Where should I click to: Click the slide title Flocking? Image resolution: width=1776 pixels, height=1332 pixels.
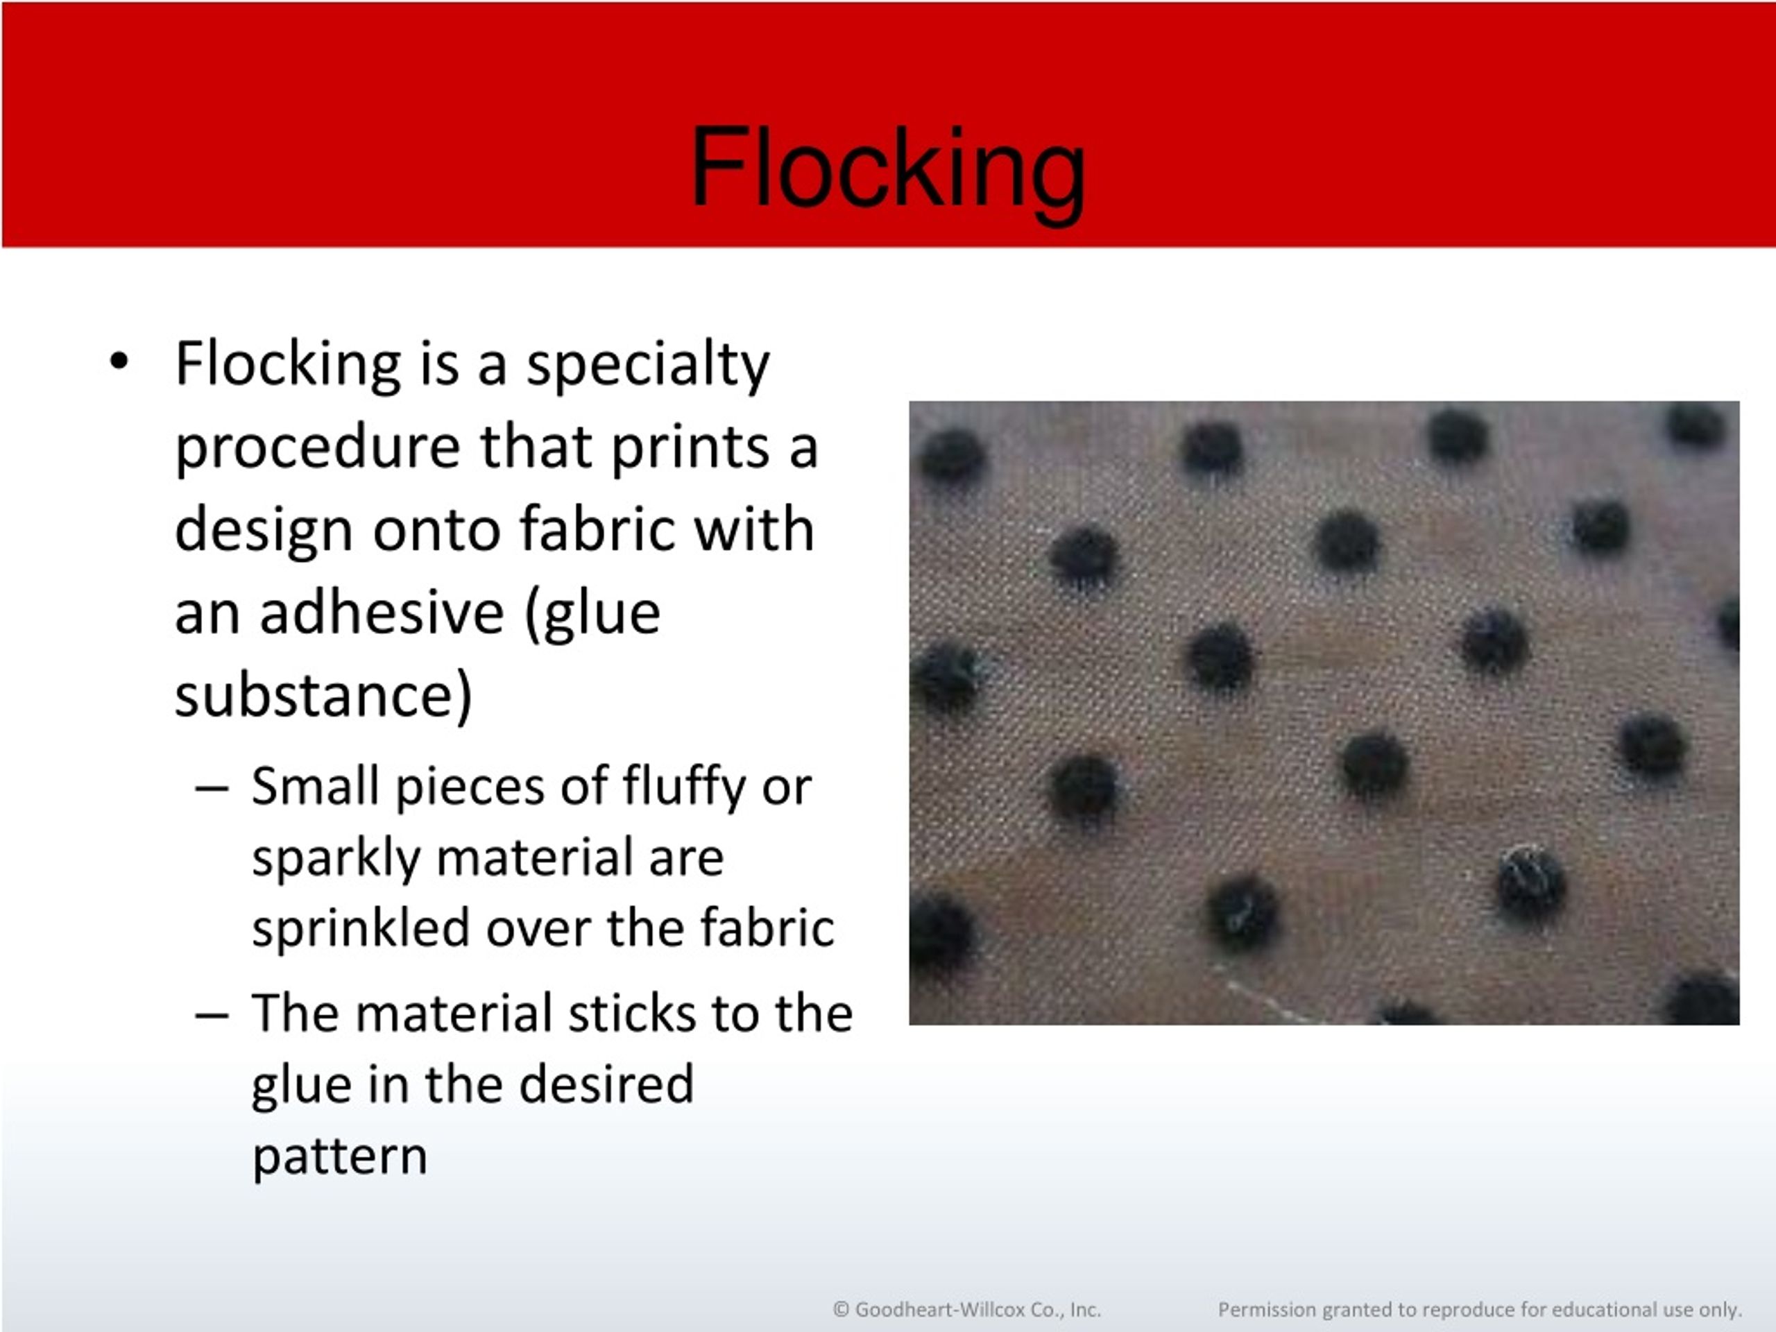tap(887, 170)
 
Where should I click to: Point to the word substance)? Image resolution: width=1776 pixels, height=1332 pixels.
tap(323, 695)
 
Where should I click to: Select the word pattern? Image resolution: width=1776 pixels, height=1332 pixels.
tap(340, 1156)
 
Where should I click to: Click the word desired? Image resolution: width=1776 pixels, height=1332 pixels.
tap(606, 1084)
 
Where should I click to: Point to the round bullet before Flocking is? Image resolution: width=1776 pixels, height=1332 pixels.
tap(119, 362)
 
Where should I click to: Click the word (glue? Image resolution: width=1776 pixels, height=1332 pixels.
tap(592, 613)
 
